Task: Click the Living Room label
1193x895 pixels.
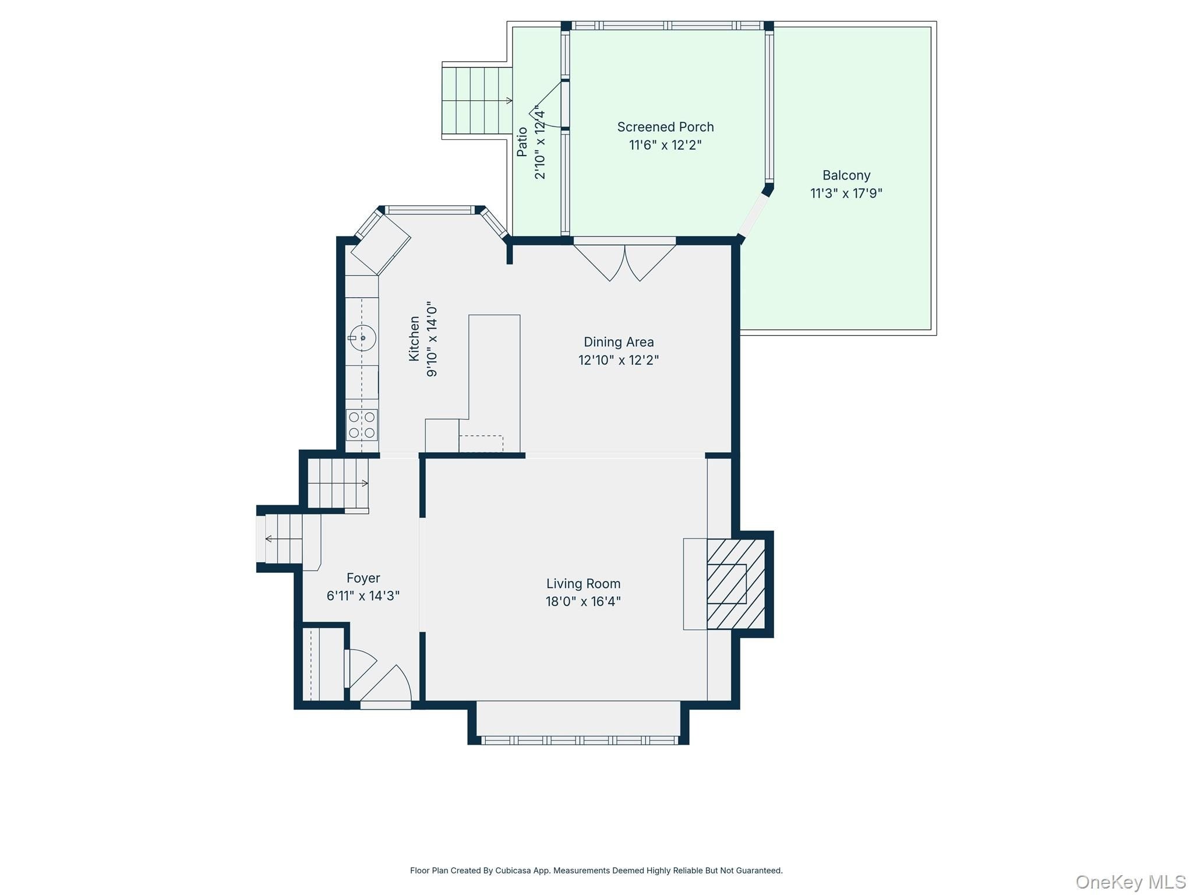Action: pyautogui.click(x=583, y=583)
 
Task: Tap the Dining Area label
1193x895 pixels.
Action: pyautogui.click(x=619, y=342)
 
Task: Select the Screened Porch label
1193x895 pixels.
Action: pyautogui.click(x=665, y=127)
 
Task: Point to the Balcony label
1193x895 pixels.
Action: pyautogui.click(x=846, y=175)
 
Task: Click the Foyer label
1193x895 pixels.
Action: pyautogui.click(x=363, y=578)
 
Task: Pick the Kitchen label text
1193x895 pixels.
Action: pyautogui.click(x=414, y=339)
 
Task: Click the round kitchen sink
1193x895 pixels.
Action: pyautogui.click(x=362, y=338)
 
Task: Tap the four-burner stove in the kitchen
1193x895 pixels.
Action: pyautogui.click(x=362, y=425)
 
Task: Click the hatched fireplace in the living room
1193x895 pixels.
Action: pyautogui.click(x=736, y=584)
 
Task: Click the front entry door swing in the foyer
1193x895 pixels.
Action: pyautogui.click(x=386, y=686)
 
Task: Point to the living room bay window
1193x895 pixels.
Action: pyautogui.click(x=580, y=740)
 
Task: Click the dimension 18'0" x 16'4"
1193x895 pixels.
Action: pyautogui.click(x=583, y=601)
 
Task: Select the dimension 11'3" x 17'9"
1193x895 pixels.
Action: pyautogui.click(x=846, y=193)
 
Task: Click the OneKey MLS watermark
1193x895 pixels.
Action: pyautogui.click(x=1131, y=882)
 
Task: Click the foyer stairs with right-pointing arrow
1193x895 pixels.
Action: pyautogui.click(x=338, y=483)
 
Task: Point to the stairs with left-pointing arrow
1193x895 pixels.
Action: pyautogui.click(x=284, y=539)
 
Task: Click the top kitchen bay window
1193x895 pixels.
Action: pyautogui.click(x=430, y=210)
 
